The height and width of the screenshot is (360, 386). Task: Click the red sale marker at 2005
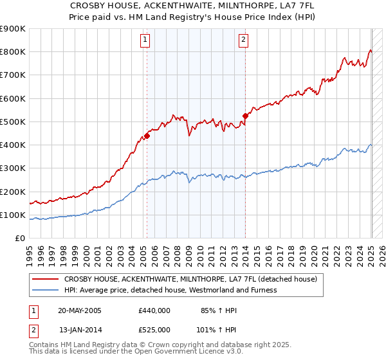coord(147,136)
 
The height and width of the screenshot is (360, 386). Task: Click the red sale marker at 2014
coord(245,116)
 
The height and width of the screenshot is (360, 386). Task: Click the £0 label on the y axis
coord(19,239)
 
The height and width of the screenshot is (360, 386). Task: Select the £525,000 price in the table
coord(154,329)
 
